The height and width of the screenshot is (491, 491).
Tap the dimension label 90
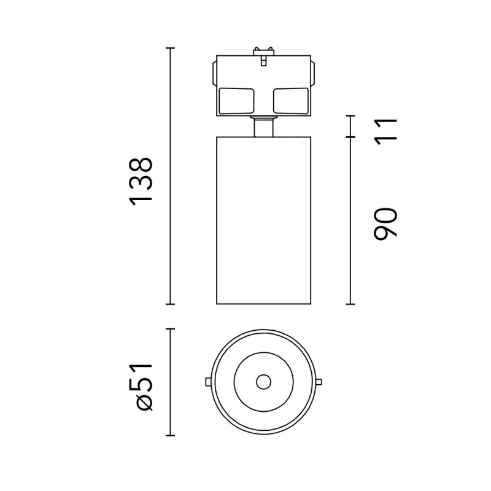(385, 223)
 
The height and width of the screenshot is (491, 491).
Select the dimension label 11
(385, 131)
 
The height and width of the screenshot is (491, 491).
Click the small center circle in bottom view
(264, 382)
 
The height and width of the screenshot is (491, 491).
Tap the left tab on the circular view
(207, 382)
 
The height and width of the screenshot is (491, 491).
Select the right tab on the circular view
(319, 382)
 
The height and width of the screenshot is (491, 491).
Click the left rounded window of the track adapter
(236, 101)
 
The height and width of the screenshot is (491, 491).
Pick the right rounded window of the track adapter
(291, 101)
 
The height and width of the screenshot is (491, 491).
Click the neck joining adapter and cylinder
(264, 126)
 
